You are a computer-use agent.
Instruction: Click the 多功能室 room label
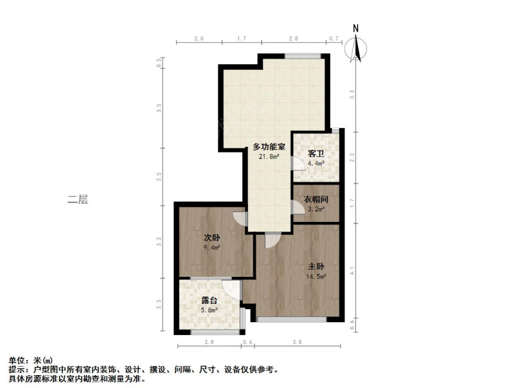pos(269,147)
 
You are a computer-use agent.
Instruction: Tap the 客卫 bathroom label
pos(316,154)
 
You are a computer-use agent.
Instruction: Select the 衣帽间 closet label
pos(316,199)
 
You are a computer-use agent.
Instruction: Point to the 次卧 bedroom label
pos(212,237)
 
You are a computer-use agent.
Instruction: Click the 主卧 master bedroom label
pos(316,266)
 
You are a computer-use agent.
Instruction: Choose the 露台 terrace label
pos(209,301)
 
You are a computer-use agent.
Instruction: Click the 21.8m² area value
pos(269,156)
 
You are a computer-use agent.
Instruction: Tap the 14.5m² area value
pos(316,277)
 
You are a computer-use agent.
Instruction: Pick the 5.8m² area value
pos(209,310)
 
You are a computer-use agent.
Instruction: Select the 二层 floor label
pos(78,199)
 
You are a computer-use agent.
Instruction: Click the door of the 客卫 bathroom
pos(298,163)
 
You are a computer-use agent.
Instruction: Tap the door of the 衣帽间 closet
pos(298,208)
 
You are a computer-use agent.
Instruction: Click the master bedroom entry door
pos(273,240)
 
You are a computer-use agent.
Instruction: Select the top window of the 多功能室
pos(303,56)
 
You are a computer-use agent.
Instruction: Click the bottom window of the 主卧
pos(292,319)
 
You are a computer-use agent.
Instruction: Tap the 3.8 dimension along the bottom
pos(297,342)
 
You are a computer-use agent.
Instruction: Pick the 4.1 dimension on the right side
pos(352,271)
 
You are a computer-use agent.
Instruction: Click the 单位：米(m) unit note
pos(30,360)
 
